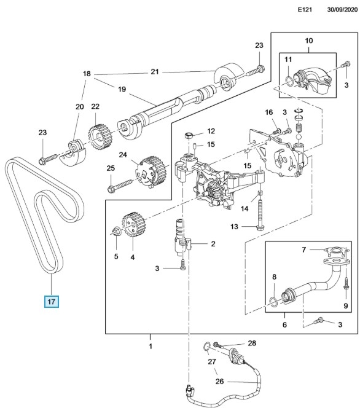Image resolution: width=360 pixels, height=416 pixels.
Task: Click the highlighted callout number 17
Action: [51, 302]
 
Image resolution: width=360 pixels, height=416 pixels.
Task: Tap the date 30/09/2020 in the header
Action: [342, 10]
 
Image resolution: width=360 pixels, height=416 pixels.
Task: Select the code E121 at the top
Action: [305, 10]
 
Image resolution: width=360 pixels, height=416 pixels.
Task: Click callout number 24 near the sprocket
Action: [123, 154]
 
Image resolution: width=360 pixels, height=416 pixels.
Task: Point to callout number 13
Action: [234, 227]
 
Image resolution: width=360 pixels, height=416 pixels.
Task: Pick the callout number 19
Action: [122, 89]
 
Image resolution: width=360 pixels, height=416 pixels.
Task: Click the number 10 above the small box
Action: [309, 41]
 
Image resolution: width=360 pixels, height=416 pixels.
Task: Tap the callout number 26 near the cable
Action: [219, 381]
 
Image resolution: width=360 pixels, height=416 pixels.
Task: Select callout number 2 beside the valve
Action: [213, 244]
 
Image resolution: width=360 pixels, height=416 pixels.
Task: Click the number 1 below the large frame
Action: [151, 346]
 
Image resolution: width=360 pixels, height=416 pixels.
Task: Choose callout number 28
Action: [252, 343]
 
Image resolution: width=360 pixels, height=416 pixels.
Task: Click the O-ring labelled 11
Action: [291, 82]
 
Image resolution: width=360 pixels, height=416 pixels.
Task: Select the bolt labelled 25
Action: [120, 186]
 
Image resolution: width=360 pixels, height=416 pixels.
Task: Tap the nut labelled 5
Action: [116, 232]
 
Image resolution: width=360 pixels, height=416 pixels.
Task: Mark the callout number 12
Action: [211, 131]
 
